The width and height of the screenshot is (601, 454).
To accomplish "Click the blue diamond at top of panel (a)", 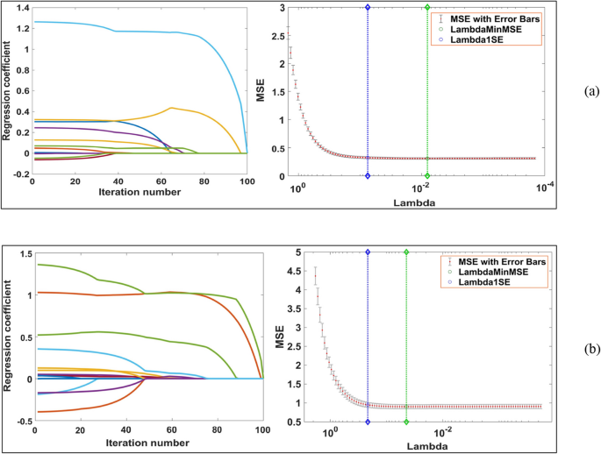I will [368, 7].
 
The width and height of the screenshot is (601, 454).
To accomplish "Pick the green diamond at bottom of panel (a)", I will [427, 176].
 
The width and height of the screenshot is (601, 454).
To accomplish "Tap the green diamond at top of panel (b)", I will [406, 252].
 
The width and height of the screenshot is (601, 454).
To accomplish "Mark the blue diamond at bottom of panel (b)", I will [368, 422].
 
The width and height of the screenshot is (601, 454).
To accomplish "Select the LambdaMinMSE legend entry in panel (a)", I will [495, 29].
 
